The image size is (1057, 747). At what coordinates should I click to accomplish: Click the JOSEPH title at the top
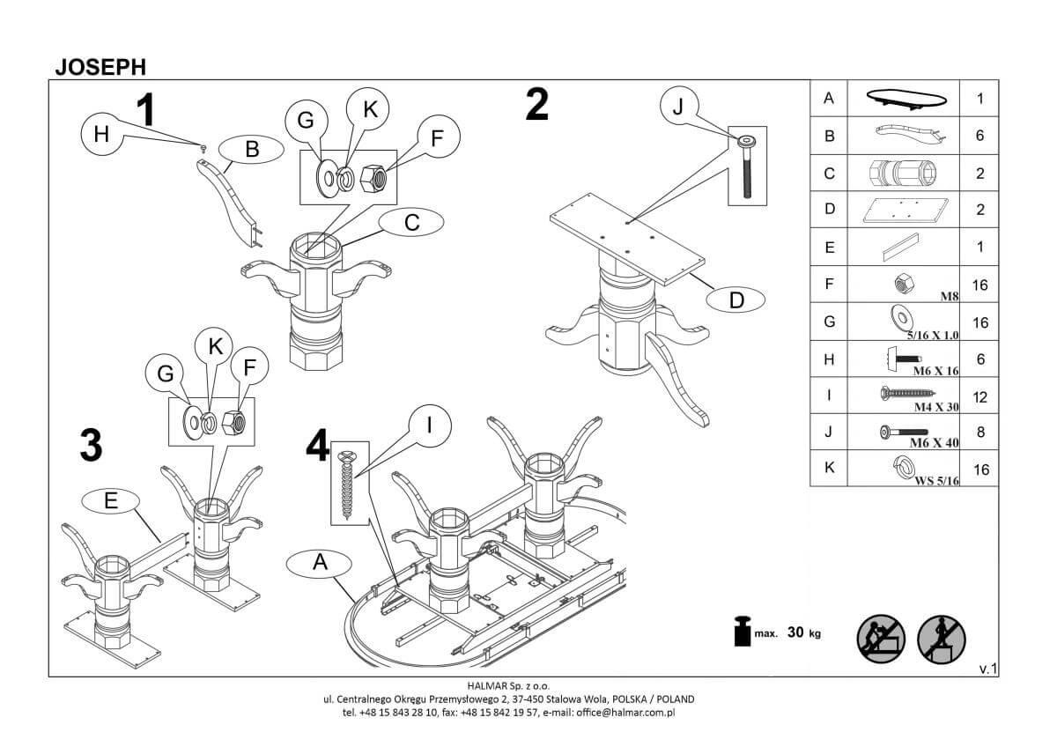click(x=100, y=66)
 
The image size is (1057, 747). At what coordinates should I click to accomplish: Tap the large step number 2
click(x=536, y=106)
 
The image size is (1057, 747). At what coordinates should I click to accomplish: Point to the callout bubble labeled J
click(x=677, y=107)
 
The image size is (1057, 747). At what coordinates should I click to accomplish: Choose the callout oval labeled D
click(x=736, y=300)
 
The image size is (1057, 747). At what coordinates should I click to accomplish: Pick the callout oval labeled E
click(x=110, y=501)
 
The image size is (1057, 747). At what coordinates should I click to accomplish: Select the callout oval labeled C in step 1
click(x=411, y=224)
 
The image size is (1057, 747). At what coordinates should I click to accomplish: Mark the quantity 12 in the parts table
click(x=980, y=397)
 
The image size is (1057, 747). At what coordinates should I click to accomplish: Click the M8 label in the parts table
click(x=949, y=297)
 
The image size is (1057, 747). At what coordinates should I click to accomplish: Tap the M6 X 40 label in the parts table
click(x=933, y=443)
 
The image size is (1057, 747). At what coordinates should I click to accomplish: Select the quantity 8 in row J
click(x=980, y=433)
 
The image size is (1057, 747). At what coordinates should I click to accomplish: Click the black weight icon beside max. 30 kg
click(x=742, y=632)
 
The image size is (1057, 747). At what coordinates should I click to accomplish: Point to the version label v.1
click(x=987, y=669)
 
